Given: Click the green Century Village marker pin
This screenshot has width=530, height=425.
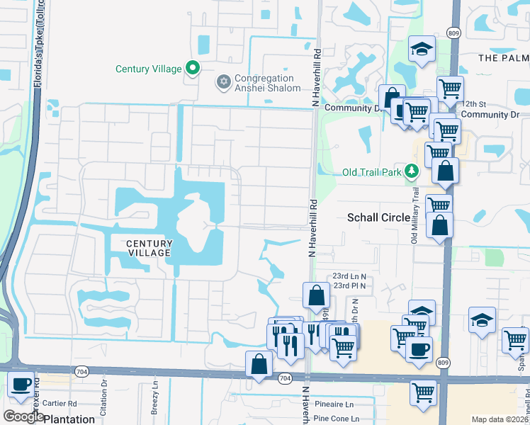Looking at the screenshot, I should (192, 69).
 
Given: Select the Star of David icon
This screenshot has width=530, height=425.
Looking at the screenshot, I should (224, 83).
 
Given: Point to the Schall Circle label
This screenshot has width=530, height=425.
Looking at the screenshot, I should (378, 218).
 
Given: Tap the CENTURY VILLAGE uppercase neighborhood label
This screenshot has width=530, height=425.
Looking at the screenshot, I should (149, 248).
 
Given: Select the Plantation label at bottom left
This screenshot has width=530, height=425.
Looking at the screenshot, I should (69, 419).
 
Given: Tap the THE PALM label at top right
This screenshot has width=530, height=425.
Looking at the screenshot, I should (503, 57).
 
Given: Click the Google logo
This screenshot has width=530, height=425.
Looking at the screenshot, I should (23, 416).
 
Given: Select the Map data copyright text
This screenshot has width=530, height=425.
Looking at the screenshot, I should (500, 419).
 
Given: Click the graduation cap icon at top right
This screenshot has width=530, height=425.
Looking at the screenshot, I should (422, 50).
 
